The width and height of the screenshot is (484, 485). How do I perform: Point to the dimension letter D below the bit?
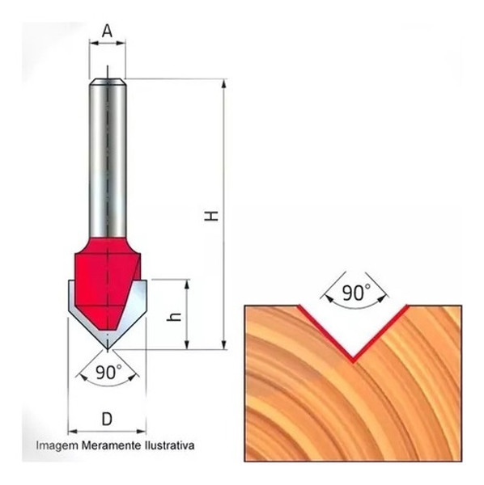pos(107,419)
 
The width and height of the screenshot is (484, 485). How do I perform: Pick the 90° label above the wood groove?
pos(353,293)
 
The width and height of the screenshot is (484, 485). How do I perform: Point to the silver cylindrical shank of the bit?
pos(108,154)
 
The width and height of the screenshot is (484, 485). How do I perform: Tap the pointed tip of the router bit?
pos(108,348)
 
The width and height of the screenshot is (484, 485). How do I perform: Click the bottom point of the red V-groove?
pos(353,359)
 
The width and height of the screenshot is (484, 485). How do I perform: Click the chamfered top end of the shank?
pos(108,81)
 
